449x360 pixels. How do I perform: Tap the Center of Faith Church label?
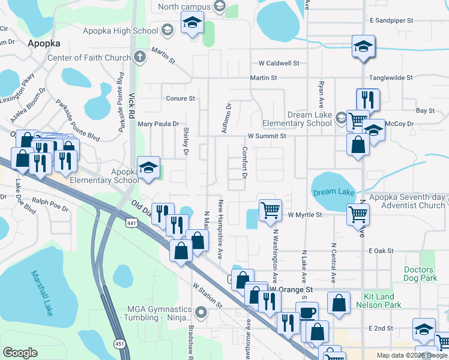89,58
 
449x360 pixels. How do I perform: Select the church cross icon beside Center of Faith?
139,58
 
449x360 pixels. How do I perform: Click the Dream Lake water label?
334,192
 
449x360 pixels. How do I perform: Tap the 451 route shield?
120,344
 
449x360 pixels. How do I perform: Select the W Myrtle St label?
306,214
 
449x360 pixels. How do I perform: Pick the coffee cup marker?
307,313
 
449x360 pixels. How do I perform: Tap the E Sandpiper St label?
391,20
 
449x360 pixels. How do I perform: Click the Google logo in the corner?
20,352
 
